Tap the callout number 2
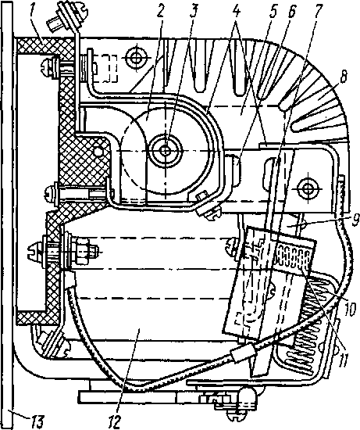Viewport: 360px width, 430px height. [x=160, y=13]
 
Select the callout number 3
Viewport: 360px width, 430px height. [x=194, y=13]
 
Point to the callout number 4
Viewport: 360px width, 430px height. [x=237, y=12]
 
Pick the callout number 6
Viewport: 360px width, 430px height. [x=291, y=12]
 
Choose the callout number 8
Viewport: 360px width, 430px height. [x=343, y=78]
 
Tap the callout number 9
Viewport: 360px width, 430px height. [x=355, y=220]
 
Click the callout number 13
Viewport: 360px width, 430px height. [x=37, y=421]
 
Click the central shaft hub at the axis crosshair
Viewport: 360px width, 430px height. [x=166, y=150]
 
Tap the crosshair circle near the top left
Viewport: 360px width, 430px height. [x=136, y=58]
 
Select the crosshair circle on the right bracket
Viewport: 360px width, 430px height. [x=308, y=188]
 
